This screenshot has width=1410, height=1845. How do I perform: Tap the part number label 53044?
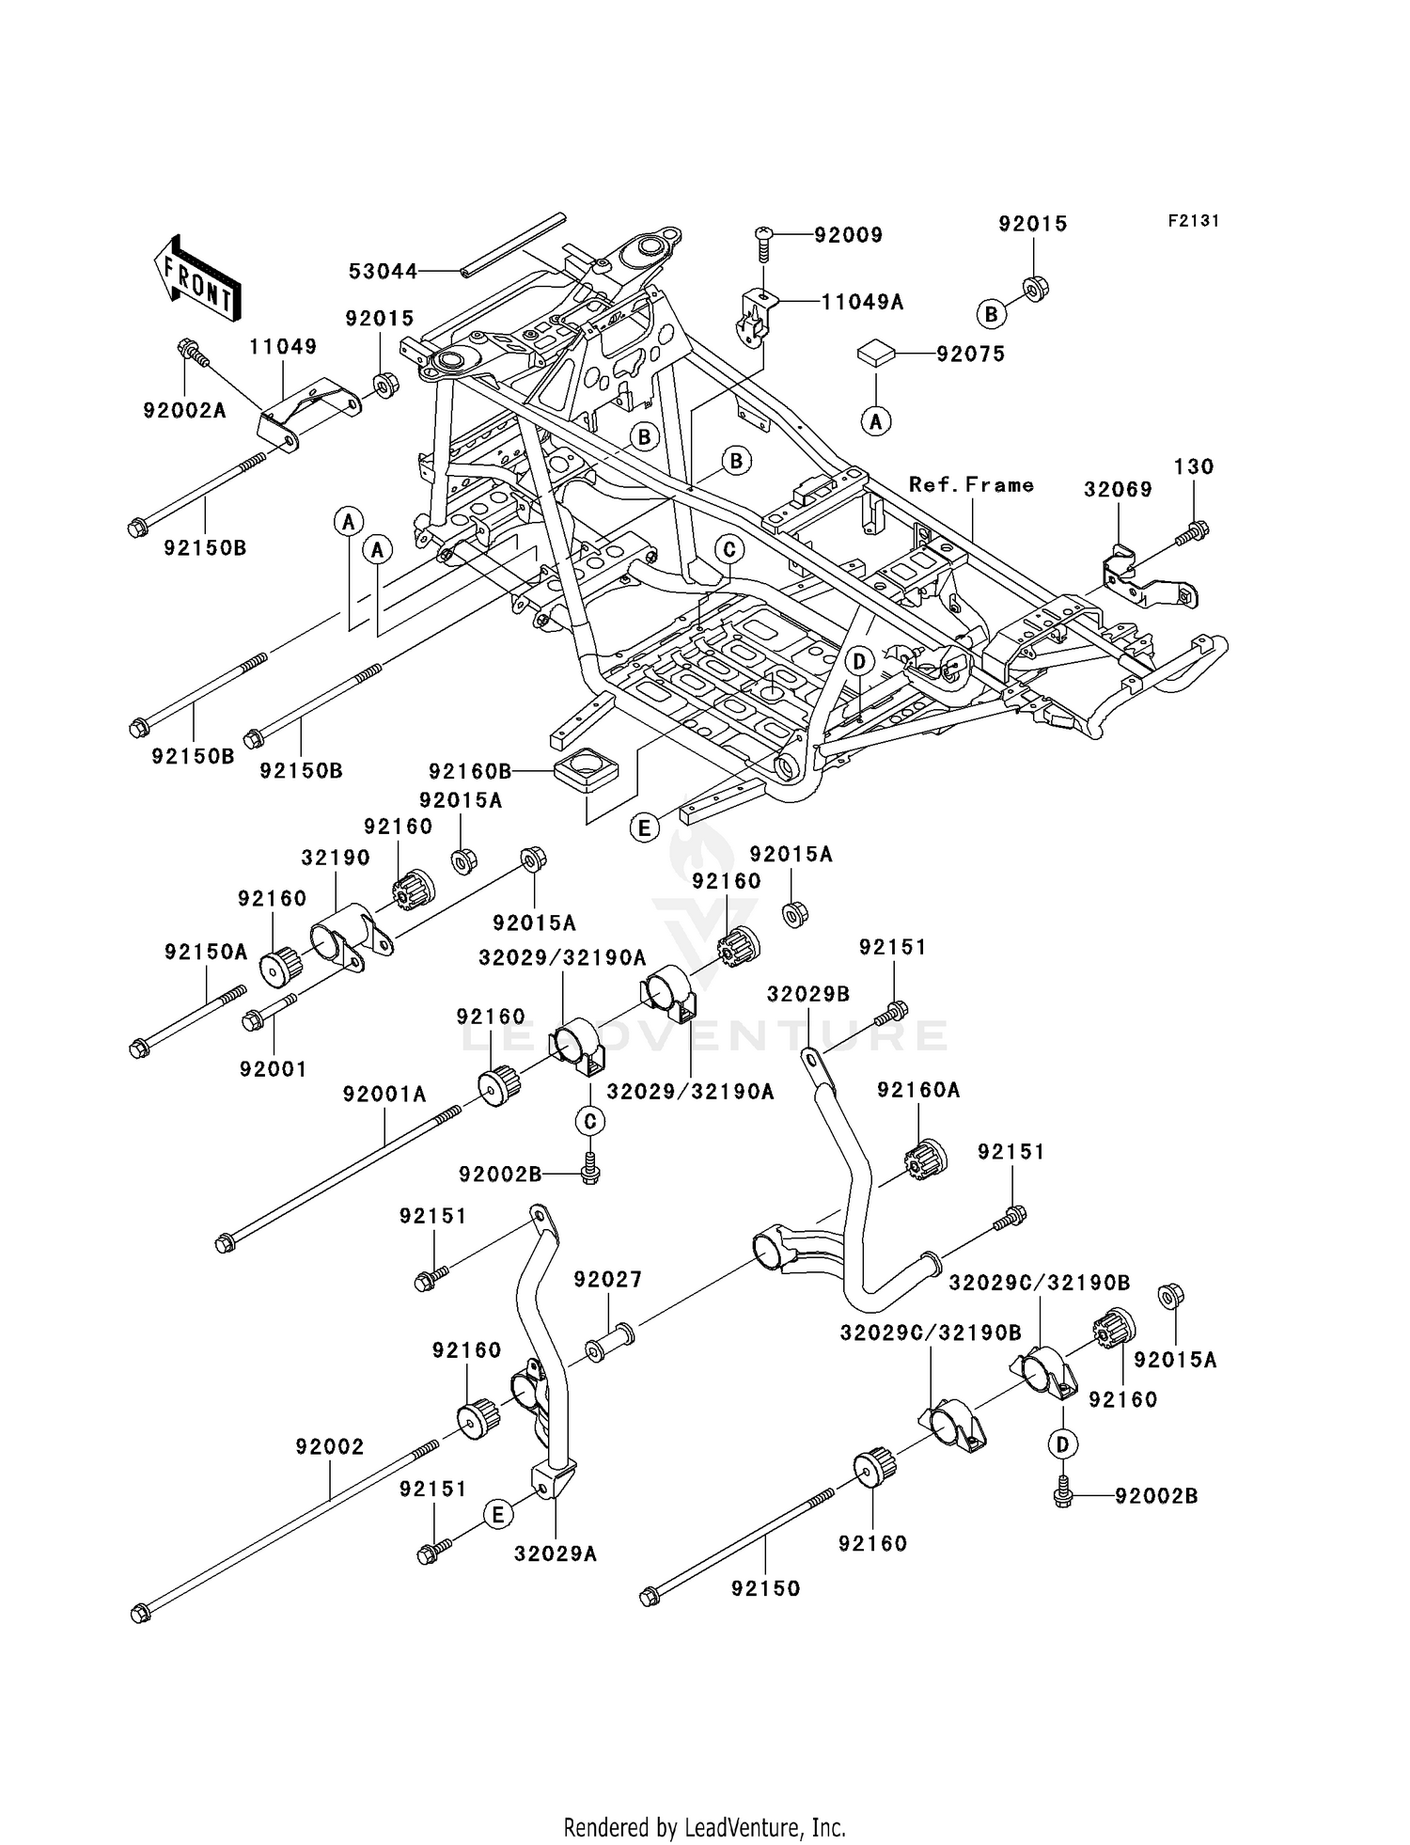click(383, 272)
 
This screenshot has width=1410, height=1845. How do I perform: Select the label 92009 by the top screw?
click(848, 235)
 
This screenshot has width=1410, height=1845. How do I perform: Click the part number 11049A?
click(862, 302)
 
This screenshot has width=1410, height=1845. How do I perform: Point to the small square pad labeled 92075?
click(873, 355)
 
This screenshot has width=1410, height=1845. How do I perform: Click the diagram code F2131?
click(1194, 221)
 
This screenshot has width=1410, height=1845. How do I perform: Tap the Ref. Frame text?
click(971, 485)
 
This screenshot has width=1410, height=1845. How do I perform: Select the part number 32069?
click(1118, 489)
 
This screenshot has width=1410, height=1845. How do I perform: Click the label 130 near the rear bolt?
click(1194, 466)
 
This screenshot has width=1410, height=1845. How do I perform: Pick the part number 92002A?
click(184, 410)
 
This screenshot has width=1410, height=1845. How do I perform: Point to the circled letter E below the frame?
click(644, 828)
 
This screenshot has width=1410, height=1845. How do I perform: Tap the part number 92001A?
click(384, 1095)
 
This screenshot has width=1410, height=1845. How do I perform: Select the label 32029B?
click(808, 995)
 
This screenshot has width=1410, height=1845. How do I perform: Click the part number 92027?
click(607, 1279)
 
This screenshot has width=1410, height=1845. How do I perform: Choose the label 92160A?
click(918, 1090)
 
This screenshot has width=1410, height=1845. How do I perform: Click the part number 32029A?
click(555, 1554)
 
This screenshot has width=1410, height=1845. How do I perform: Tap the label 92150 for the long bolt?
click(765, 1588)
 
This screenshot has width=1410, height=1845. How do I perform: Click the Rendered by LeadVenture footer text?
click(704, 1828)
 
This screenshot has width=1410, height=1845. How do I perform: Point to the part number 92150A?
click(206, 952)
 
